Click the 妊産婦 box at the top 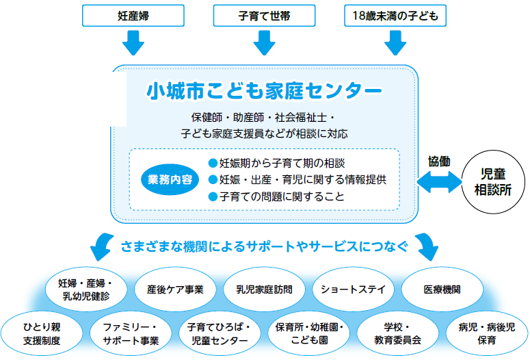(x=133, y=16)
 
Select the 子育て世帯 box (x=265, y=16)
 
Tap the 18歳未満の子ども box (x=395, y=16)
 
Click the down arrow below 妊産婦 (x=133, y=43)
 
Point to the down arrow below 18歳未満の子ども (x=395, y=43)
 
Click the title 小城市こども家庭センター (x=265, y=91)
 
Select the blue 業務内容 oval (x=170, y=180)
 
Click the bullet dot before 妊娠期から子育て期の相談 (x=213, y=163)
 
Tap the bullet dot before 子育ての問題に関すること (x=213, y=196)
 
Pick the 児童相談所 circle (x=493, y=182)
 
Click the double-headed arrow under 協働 (x=440, y=182)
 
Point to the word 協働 (x=439, y=162)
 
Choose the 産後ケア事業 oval (x=175, y=290)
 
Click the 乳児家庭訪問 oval (x=265, y=290)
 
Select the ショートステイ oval (x=354, y=290)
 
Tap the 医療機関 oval (x=442, y=290)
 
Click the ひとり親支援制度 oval (x=42, y=333)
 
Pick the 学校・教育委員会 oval (x=398, y=333)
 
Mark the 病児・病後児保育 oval (x=487, y=333)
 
